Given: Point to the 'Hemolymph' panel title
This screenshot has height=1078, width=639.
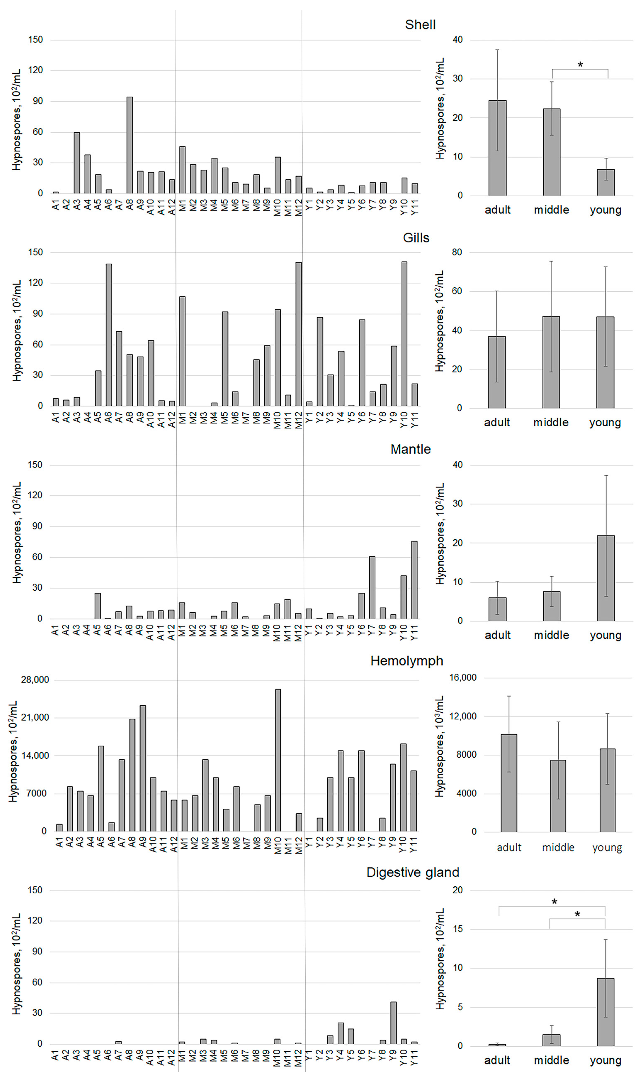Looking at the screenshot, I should click(407, 661).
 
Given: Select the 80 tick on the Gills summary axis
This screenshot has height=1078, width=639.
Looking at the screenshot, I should click(457, 252).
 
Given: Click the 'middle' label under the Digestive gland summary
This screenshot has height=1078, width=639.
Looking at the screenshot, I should click(552, 1060).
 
